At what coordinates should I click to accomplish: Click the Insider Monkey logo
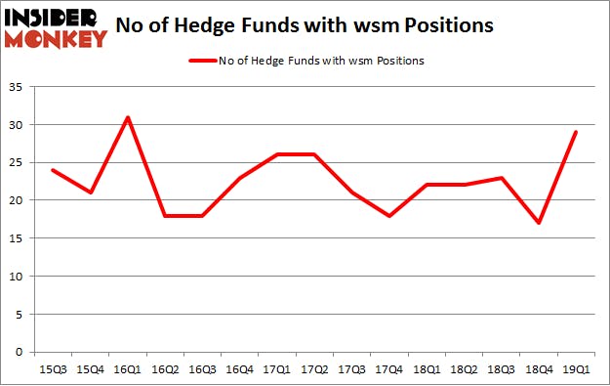(x=55, y=27)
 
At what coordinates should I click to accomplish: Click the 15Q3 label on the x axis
(x=52, y=369)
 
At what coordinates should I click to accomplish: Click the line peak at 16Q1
(x=127, y=117)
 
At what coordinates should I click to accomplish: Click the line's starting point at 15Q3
(x=52, y=170)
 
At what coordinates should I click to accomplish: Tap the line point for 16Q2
(x=165, y=216)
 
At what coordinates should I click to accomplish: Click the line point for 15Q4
(x=90, y=193)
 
